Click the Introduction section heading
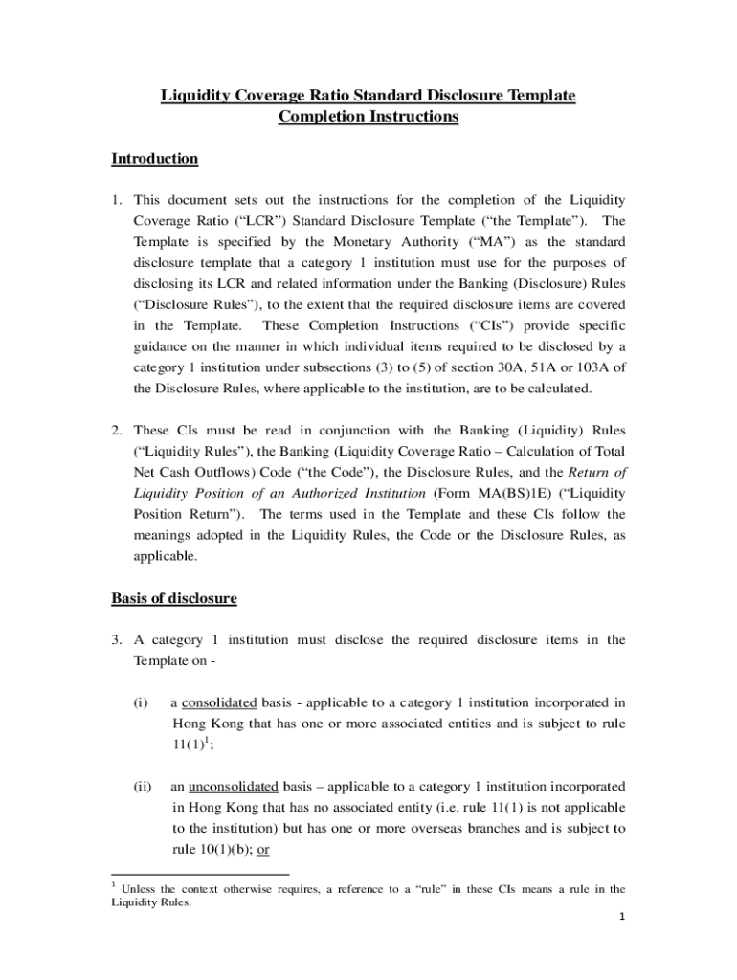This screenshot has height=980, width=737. [154, 159]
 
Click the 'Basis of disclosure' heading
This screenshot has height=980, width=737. [173, 598]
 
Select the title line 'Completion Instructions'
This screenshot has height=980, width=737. [368, 117]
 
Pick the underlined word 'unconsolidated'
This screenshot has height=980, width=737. [233, 786]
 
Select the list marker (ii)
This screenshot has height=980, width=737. [143, 786]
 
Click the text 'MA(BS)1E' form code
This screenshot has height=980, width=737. [510, 494]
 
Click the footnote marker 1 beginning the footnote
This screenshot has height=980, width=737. [114, 885]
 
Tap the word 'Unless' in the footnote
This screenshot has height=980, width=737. [139, 890]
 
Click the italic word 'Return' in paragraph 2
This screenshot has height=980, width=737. [588, 473]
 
